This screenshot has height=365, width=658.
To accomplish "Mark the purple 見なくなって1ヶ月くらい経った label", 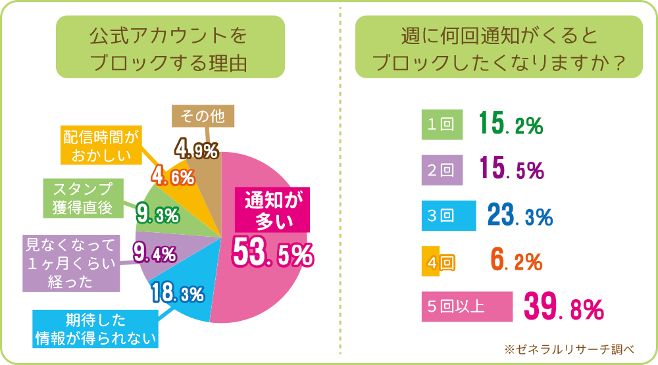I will coord(70,263).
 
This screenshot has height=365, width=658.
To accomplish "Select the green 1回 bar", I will coord(440,125).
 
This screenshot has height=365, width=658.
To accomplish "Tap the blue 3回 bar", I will coord(448,216).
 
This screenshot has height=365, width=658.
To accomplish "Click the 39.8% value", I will coord(563,306).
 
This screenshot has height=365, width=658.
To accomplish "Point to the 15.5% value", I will coord(511,170).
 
